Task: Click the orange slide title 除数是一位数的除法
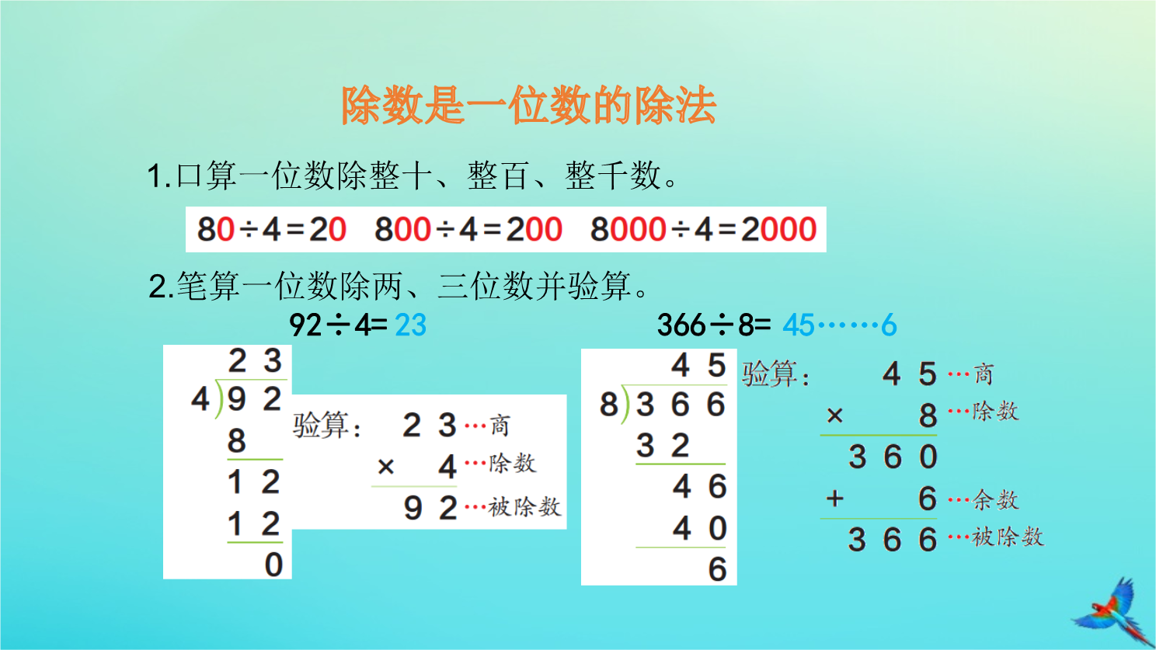[528, 106]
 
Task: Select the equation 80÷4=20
[272, 230]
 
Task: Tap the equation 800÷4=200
[468, 230]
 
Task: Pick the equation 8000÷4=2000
[703, 230]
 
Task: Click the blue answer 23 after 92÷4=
[411, 325]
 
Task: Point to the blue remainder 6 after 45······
[889, 325]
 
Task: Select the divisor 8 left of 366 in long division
[609, 404]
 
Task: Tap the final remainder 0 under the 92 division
[273, 565]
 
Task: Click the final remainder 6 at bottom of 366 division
[717, 569]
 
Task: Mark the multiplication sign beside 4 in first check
[386, 467]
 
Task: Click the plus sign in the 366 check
[834, 499]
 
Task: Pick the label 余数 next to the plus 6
[995, 499]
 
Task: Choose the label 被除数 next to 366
[1008, 537]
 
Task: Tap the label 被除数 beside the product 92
[524, 506]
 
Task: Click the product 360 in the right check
[893, 457]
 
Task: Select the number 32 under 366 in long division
[663, 446]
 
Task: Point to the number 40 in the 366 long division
[700, 529]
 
